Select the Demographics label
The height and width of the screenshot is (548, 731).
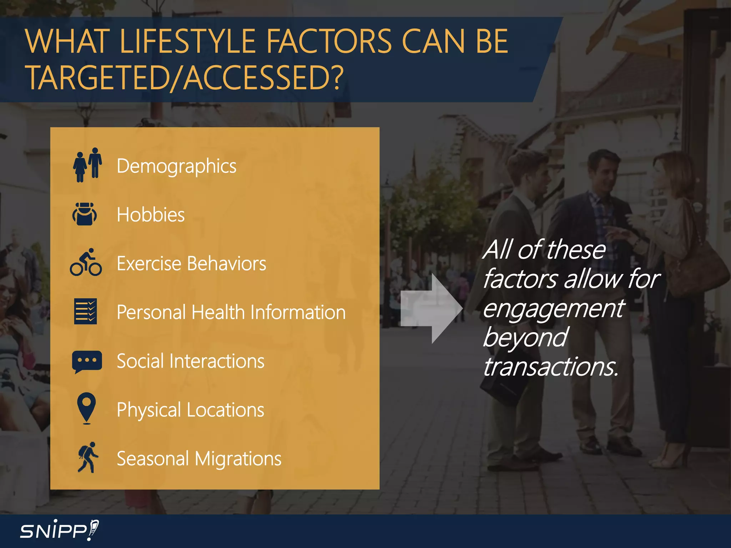(176, 166)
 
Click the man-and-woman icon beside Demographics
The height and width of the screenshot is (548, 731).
(87, 165)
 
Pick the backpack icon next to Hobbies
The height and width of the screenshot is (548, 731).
(85, 214)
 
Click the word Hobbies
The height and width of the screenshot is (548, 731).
(151, 215)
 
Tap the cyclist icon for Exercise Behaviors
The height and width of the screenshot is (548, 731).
(86, 263)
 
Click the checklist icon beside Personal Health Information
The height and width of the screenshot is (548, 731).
(85, 311)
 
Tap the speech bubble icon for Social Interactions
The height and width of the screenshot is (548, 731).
(87, 361)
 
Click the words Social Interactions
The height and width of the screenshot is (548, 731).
(190, 361)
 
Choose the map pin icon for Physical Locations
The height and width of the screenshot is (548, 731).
(86, 408)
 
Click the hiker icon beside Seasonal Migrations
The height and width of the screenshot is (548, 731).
(87, 458)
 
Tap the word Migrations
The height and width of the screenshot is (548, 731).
(238, 459)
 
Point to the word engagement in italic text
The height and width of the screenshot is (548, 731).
(553, 309)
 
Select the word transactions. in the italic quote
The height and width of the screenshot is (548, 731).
(550, 367)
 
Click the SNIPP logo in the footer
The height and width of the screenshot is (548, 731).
(59, 531)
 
